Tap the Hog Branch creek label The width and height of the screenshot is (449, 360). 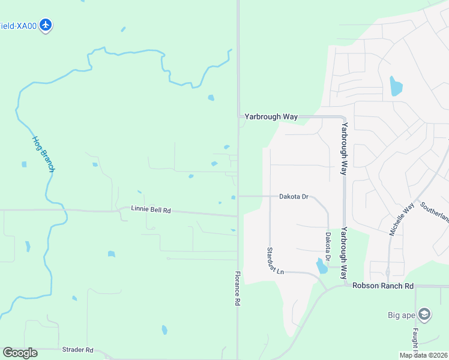pos(44,154)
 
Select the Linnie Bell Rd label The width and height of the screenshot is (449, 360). pos(151,211)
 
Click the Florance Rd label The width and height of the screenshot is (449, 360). pos(237,289)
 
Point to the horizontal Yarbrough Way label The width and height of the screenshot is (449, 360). pos(271,117)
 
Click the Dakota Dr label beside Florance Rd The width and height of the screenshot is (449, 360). pos(293,196)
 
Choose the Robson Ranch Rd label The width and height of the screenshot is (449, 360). pos(383,286)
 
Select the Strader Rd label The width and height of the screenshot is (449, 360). pos(77,350)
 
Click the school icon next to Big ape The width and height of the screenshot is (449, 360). pos(424,314)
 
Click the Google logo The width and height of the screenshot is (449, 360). pos(20,353)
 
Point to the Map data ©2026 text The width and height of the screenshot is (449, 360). pos(423,355)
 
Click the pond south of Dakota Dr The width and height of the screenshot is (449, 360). pos(322,265)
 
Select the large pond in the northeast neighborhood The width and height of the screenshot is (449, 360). pos(396,86)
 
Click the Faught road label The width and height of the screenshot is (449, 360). pos(415,340)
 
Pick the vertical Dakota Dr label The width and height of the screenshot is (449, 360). pos(328,247)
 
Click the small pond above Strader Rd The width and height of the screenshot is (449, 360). pos(164,329)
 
